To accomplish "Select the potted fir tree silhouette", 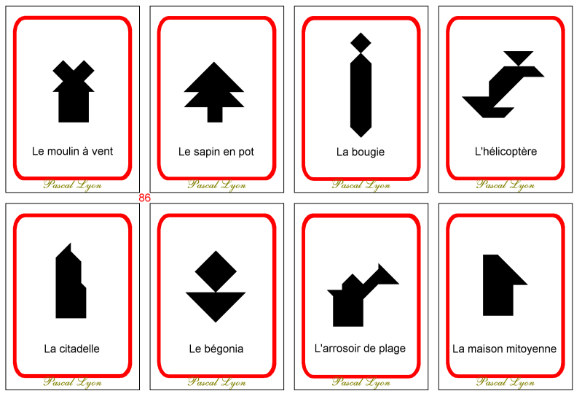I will pos(213,91).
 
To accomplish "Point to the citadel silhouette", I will pos(70,284).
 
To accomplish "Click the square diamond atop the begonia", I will pos(215,271).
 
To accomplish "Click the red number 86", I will pos(144,198).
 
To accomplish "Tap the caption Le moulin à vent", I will pos(72,152).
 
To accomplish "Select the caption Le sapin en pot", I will pos(216,152).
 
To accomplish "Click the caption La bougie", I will pos(360,152).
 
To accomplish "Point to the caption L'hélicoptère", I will pos(505,152).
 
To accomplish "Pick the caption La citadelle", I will pos(71,349).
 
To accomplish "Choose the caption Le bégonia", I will pos(216,349).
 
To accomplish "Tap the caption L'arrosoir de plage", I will pos(360,349).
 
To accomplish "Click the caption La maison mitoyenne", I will pos(504,349).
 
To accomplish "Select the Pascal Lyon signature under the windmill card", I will pos(72,185).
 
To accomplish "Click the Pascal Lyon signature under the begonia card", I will pos(216,381).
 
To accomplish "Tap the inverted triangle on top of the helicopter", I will pos(518,56).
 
